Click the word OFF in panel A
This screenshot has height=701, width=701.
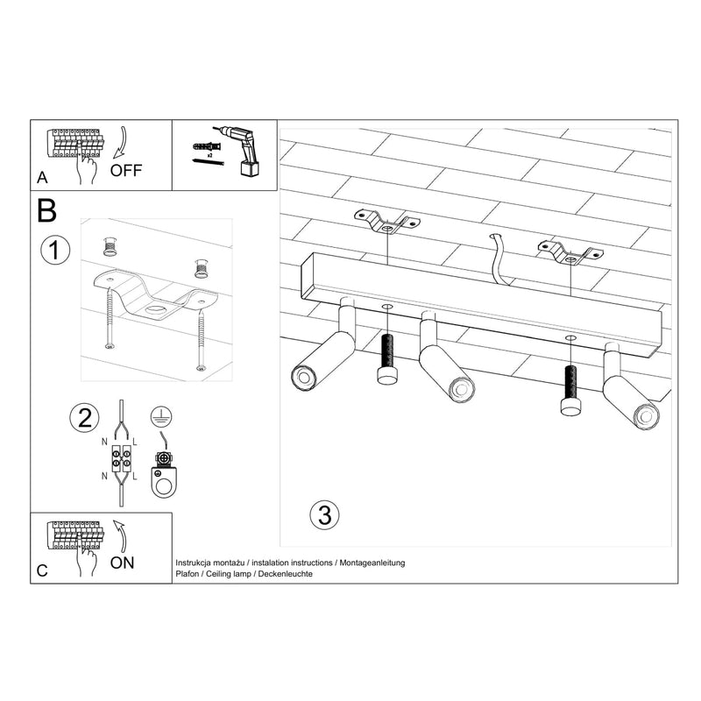click(x=126, y=171)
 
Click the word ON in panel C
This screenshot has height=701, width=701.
click(x=123, y=563)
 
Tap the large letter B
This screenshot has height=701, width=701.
click(x=47, y=211)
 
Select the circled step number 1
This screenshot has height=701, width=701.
click(x=55, y=251)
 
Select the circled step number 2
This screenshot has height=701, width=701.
click(x=84, y=417)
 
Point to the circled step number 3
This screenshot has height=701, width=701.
click(x=324, y=514)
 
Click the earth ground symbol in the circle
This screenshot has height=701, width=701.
click(x=160, y=417)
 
